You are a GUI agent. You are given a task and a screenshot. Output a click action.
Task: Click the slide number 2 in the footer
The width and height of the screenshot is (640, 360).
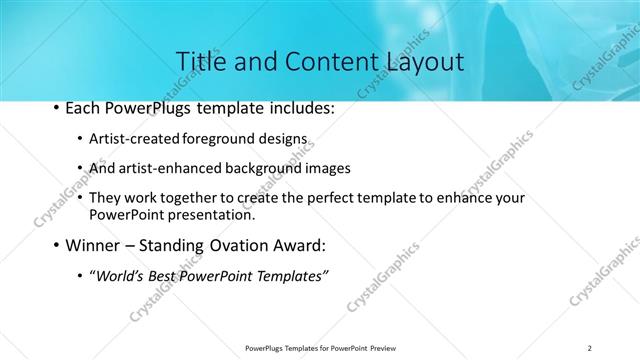[590, 347]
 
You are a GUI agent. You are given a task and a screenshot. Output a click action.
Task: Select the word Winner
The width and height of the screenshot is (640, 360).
[96, 245]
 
